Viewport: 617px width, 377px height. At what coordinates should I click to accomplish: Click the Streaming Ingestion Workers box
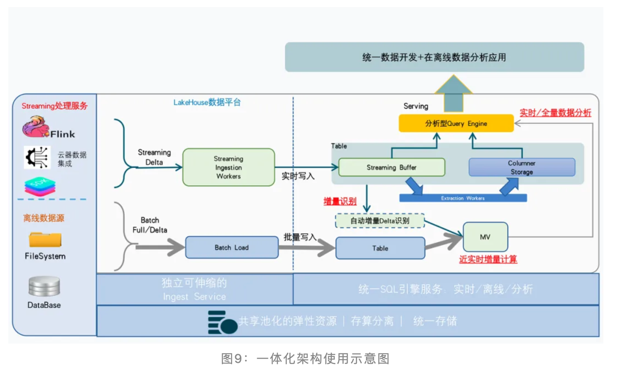(229, 167)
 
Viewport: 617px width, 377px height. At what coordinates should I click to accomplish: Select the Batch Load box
(232, 247)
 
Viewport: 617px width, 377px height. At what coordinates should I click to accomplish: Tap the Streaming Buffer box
(392, 167)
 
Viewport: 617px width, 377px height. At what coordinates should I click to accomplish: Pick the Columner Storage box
(522, 167)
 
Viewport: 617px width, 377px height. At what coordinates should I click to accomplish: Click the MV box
(485, 237)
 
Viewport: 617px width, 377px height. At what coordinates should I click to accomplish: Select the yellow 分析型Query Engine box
(456, 123)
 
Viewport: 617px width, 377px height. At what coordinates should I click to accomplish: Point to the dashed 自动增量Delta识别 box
(380, 221)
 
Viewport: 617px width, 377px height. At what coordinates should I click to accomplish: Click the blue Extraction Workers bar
(463, 198)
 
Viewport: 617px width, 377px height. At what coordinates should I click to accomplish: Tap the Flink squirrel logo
(35, 127)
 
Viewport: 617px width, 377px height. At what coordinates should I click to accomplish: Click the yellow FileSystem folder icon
(45, 240)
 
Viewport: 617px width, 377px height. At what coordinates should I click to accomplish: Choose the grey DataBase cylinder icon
(44, 286)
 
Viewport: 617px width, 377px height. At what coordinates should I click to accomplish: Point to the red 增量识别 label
(340, 201)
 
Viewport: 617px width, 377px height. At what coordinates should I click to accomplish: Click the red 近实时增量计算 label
(488, 259)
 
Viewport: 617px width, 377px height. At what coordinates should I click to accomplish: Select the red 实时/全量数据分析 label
(555, 112)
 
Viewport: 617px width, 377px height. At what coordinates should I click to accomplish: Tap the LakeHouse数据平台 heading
(207, 102)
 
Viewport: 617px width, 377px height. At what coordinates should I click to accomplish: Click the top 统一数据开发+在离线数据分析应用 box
(434, 57)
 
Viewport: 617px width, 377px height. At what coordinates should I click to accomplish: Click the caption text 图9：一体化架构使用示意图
(305, 359)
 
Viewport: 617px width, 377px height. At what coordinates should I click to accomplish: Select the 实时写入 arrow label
(298, 176)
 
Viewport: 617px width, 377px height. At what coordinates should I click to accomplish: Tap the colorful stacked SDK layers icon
(40, 187)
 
